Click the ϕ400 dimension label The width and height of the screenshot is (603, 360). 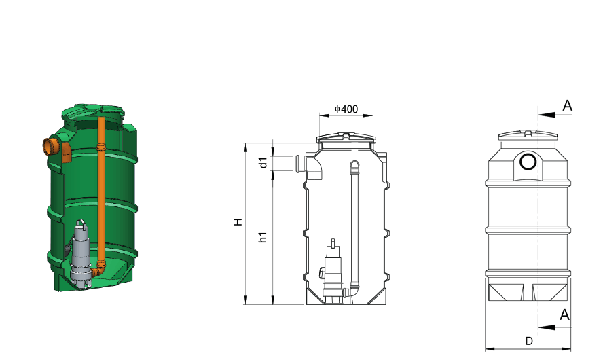pos(346,109)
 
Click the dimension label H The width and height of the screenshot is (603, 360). pos(238,222)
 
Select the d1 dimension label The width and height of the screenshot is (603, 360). pos(263,163)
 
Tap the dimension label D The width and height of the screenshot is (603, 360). pos(529,341)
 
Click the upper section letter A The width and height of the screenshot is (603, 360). pos(567,105)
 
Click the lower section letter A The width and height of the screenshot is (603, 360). pos(564,314)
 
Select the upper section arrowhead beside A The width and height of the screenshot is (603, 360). pos(547,115)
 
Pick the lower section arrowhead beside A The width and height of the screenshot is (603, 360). pos(547,327)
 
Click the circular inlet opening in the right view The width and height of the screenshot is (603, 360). pos(528,162)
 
